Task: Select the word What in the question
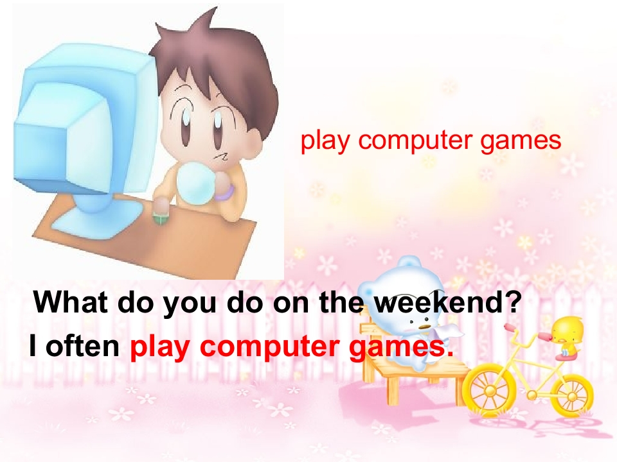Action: click(69, 302)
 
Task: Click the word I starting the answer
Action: click(32, 347)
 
